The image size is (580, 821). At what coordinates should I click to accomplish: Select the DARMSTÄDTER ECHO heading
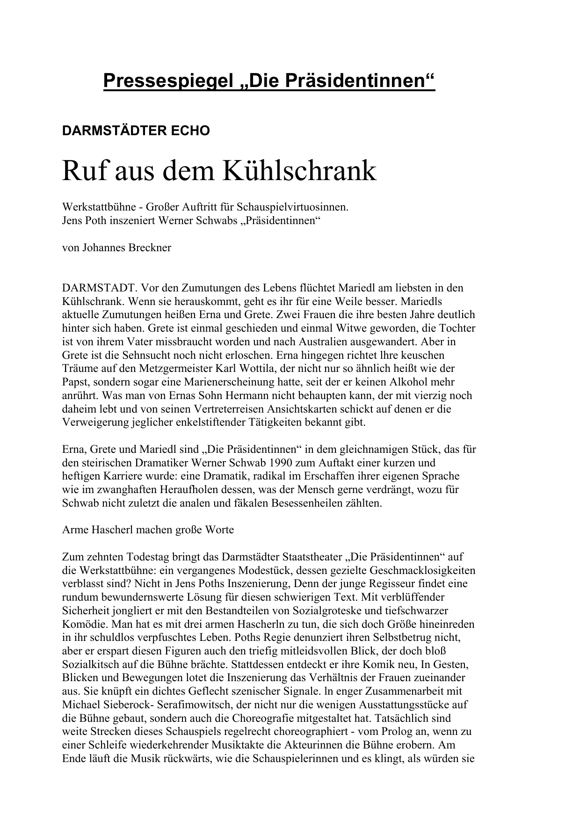136,131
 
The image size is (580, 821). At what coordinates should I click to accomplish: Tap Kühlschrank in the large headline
299,171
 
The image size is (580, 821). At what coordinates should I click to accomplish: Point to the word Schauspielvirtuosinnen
293,207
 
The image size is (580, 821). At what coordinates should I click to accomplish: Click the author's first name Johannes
102,247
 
